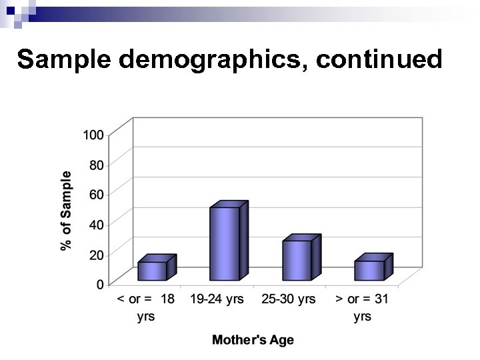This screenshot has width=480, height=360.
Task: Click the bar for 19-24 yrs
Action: coord(225,243)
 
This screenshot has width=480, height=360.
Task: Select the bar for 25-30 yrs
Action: coord(297,260)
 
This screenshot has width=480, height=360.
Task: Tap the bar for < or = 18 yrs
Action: coord(152,271)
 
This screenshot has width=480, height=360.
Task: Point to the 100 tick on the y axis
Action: coord(93,135)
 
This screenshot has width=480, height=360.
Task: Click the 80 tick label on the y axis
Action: coord(96,165)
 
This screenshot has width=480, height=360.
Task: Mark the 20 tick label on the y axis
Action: coord(96,255)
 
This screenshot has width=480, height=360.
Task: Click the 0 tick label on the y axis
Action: coord(99,285)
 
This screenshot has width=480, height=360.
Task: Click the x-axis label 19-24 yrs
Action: coord(217,299)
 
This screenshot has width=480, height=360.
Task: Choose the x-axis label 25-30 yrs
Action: coord(289,299)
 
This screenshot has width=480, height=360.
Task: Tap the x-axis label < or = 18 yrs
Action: coord(146,307)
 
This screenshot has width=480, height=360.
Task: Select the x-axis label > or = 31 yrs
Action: coord(362,307)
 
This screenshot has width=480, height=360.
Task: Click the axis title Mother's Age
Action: coord(253,340)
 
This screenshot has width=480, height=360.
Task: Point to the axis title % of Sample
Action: coord(66,211)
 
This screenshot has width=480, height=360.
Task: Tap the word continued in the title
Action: coord(379,59)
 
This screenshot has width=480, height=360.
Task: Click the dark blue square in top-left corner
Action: coord(10,9)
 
